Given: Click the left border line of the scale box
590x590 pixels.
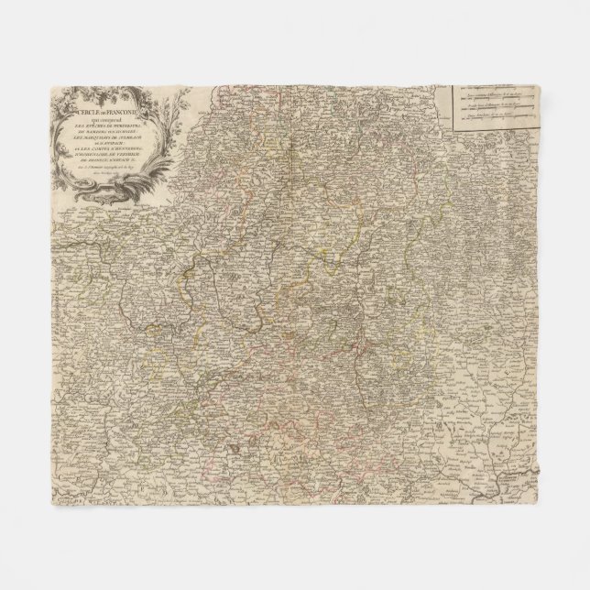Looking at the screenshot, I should (452, 105).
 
